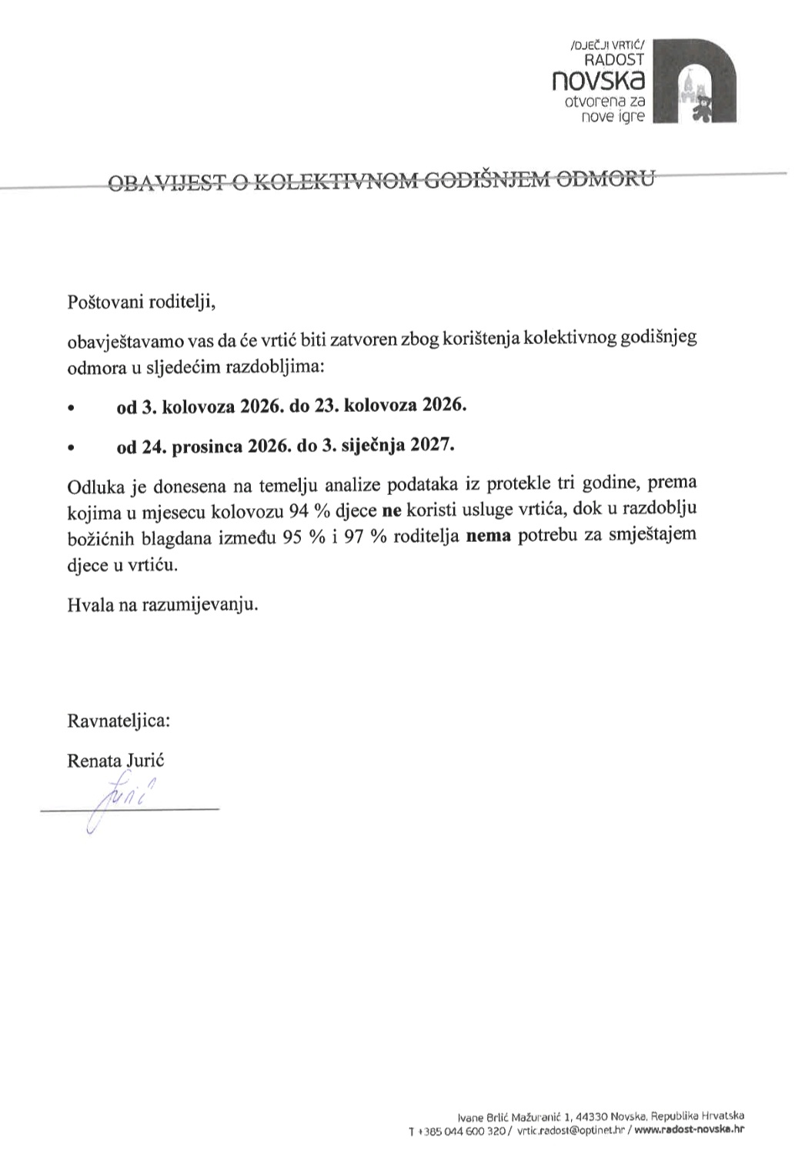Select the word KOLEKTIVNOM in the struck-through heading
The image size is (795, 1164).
336,182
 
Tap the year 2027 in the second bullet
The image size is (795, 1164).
433,445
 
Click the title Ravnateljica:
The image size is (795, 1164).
119,721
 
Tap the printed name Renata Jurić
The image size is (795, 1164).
116,761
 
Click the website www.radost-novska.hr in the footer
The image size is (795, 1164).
690,1131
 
